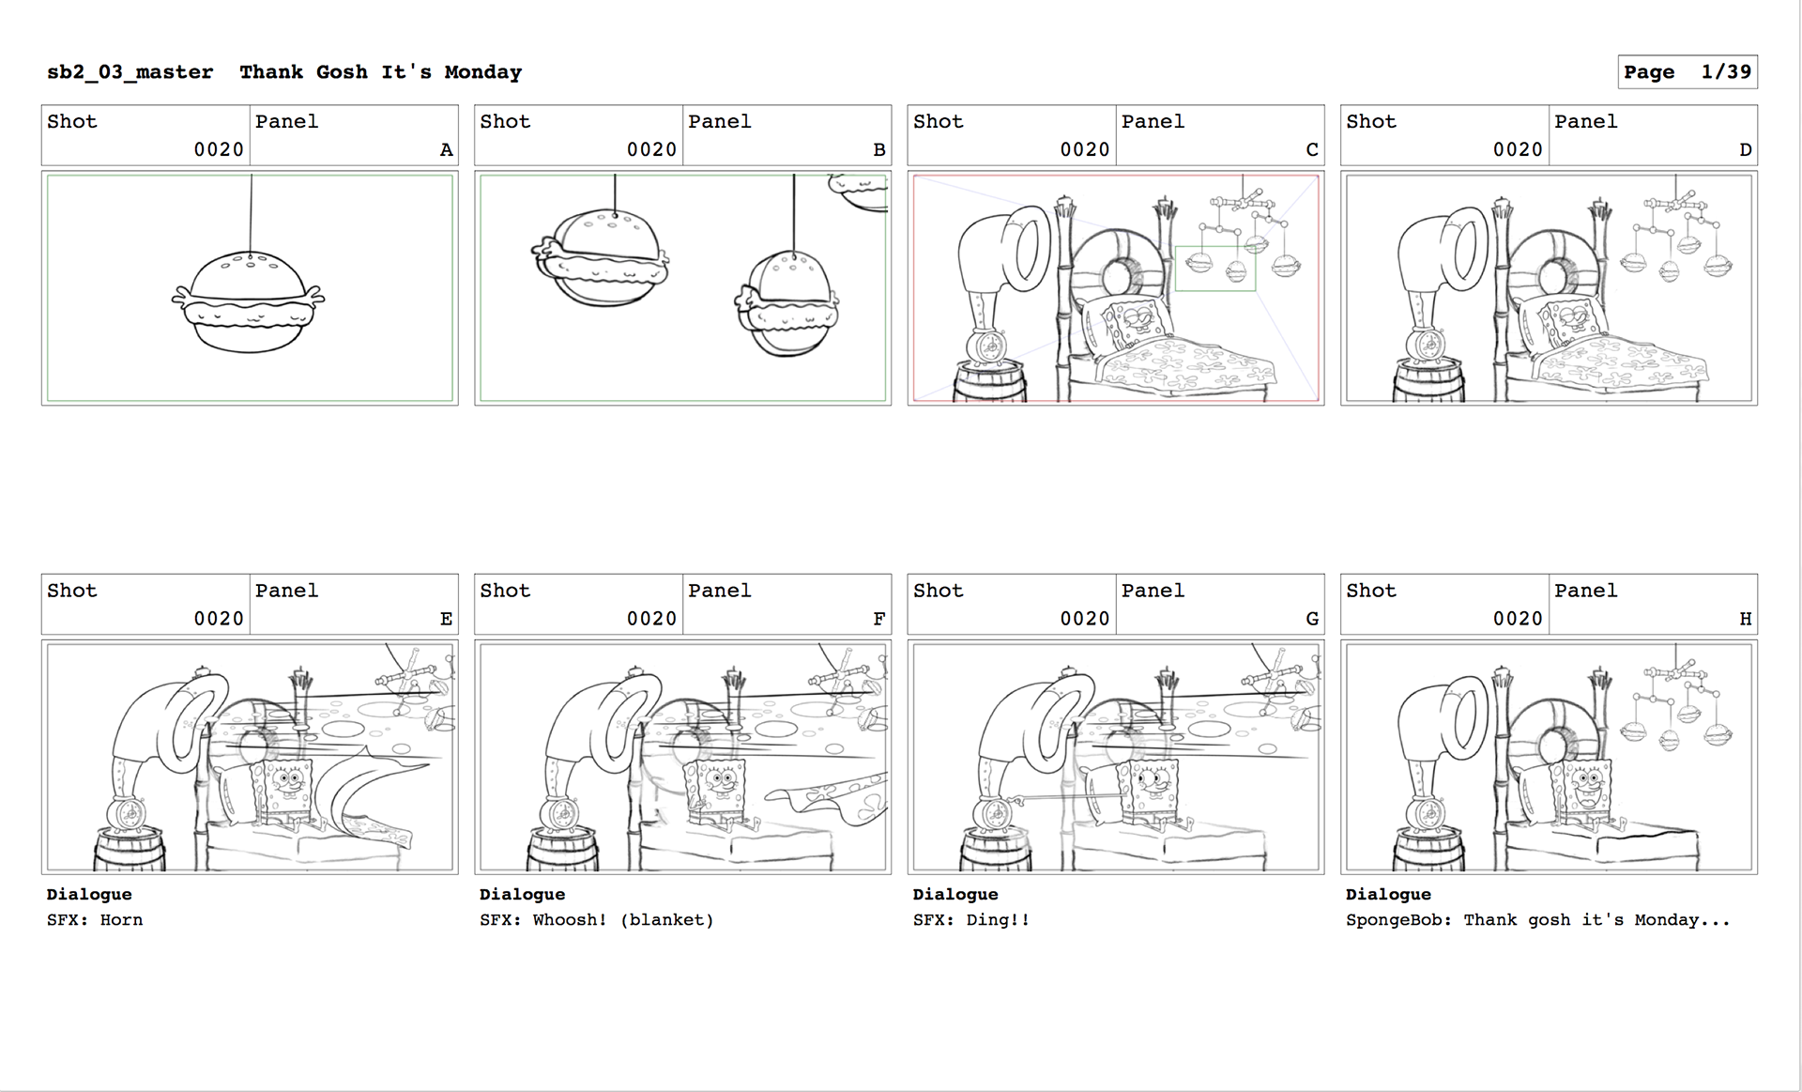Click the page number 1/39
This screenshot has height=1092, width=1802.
[x=1726, y=72]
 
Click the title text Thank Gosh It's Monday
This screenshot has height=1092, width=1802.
[x=380, y=72]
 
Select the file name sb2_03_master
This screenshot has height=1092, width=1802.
[x=130, y=72]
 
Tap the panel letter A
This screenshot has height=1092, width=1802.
[x=446, y=149]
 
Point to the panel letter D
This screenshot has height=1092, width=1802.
[x=1745, y=149]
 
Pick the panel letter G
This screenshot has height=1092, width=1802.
[x=1312, y=619]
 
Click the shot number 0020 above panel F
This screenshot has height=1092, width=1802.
[x=651, y=619]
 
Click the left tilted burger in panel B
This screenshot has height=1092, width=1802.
[x=601, y=257]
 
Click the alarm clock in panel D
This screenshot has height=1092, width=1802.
[x=1427, y=343]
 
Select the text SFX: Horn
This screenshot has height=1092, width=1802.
[x=95, y=920]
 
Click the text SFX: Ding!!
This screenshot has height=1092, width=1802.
[x=971, y=920]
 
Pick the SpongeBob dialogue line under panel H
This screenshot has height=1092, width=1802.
[x=1537, y=920]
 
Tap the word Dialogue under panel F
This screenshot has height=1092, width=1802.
[x=522, y=895]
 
